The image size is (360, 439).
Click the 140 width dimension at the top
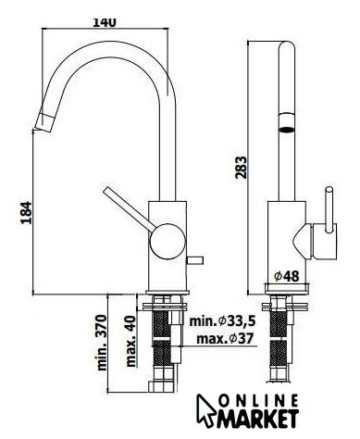pyautogui.click(x=105, y=22)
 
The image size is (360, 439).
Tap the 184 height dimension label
pyautogui.click(x=26, y=213)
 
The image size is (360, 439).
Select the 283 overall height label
pyautogui.click(x=241, y=168)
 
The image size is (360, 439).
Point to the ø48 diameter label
pyautogui.click(x=287, y=276)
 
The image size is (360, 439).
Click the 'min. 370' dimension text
pyautogui.click(x=102, y=343)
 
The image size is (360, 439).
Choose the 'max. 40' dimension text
pyautogui.click(x=130, y=341)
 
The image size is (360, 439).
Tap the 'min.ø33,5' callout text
pyautogui.click(x=222, y=321)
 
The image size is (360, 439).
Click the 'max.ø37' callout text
pyautogui.click(x=225, y=339)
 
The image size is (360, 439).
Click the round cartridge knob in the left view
pyautogui.click(x=168, y=241)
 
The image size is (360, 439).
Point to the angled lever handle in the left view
pyautogui.click(x=130, y=208)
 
